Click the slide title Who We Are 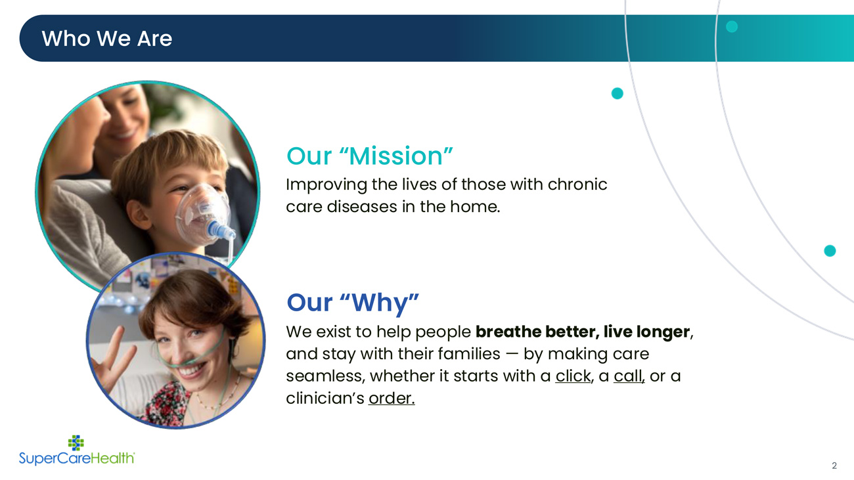(x=106, y=39)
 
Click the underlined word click (x=573, y=376)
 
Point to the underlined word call (x=628, y=376)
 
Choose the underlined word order (x=391, y=398)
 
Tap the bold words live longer (x=646, y=332)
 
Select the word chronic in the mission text (x=577, y=185)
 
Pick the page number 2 (x=834, y=466)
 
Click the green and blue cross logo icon (x=76, y=443)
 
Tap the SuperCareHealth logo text (x=77, y=458)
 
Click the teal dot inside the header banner (x=732, y=27)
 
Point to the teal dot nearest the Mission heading (x=618, y=93)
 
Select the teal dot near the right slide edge (x=830, y=251)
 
